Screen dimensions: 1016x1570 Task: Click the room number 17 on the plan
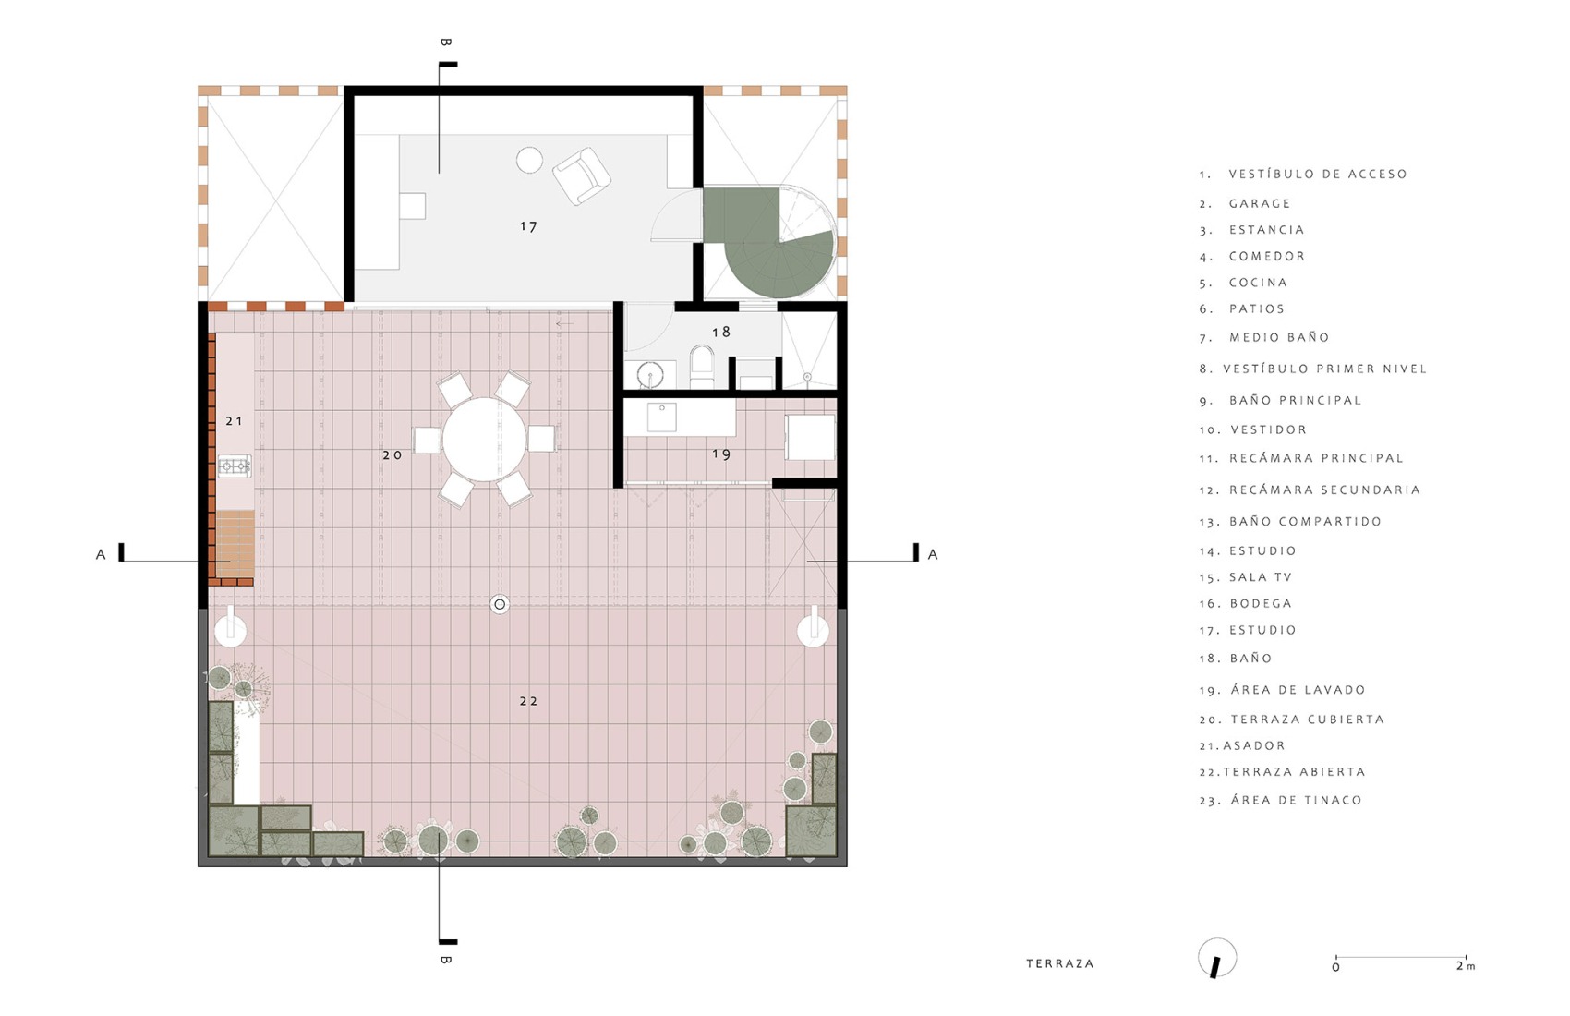coord(528,226)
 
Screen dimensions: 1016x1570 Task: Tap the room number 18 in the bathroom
coord(721,332)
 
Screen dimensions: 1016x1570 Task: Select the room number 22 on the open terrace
coord(528,701)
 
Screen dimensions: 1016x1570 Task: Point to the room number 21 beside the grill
coord(235,421)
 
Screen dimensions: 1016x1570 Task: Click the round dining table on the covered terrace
coord(485,439)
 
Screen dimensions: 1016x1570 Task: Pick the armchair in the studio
coord(582,175)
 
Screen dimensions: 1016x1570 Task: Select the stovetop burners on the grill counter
coord(235,466)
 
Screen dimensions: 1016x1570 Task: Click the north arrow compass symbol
coord(1217,959)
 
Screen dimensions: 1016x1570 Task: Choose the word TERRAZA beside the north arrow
coord(1060,963)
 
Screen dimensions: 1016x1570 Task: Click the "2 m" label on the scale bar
coord(1466,966)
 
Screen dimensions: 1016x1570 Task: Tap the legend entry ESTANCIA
coord(1266,230)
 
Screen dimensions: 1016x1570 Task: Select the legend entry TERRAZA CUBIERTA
coord(1307,720)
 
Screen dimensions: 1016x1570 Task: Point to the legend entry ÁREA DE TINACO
coord(1296,801)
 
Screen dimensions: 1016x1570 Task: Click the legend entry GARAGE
coord(1260,203)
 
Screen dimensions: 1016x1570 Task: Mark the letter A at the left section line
coord(101,555)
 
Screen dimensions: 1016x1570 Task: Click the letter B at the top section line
coord(446,42)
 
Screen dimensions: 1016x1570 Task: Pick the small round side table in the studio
coord(529,160)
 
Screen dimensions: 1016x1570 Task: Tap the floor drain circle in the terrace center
coord(500,605)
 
